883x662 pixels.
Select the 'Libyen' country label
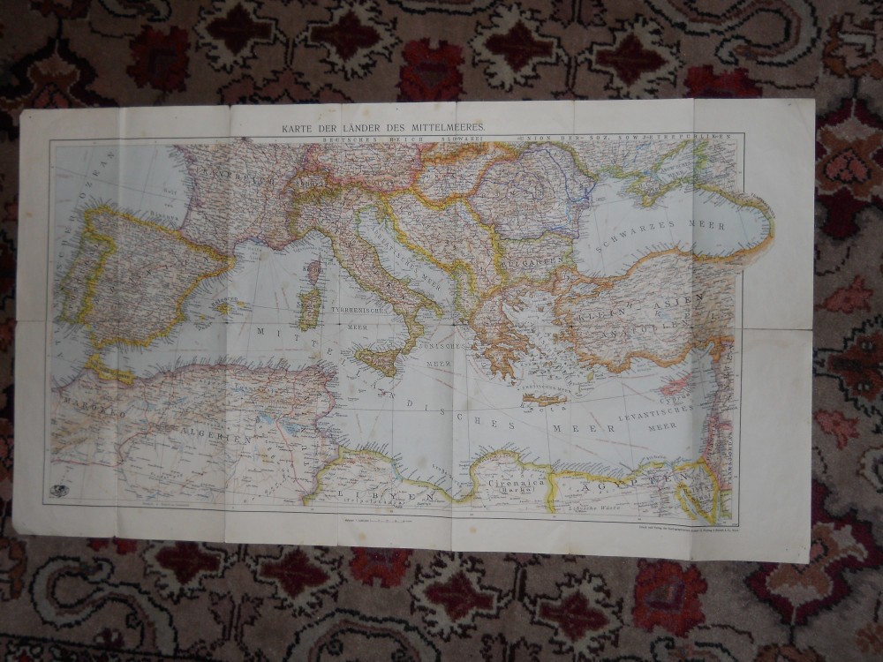387,496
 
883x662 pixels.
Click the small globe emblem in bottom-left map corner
59,491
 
